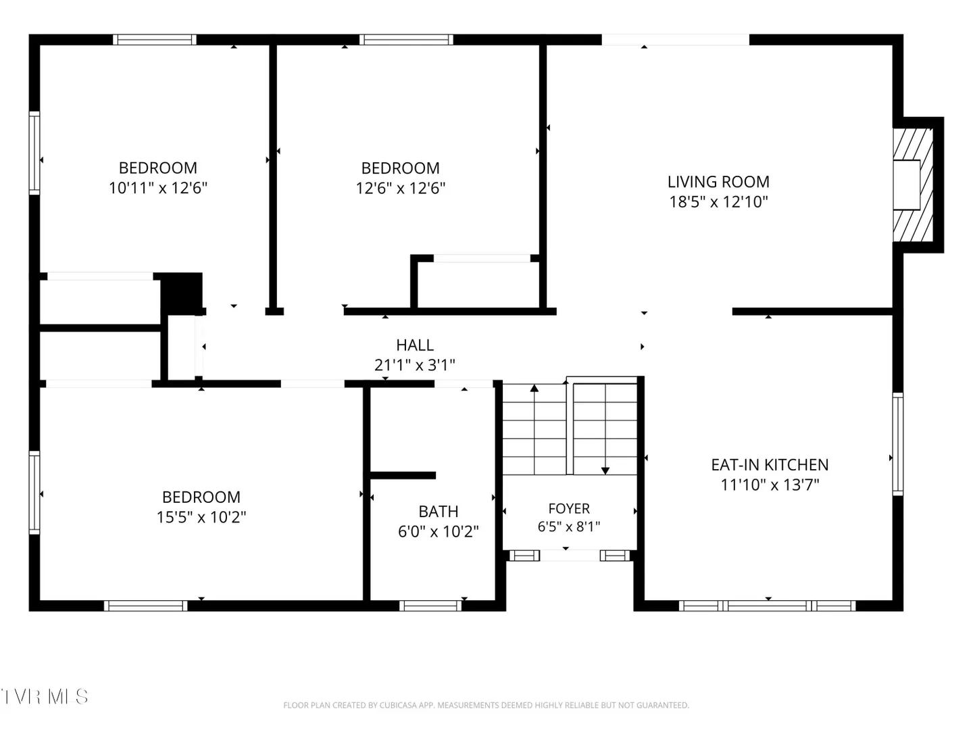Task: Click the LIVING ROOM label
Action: [718, 182]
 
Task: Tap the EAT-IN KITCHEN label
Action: [770, 464]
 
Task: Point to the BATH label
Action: [438, 511]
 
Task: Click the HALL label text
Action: [414, 345]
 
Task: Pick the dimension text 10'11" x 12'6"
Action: [158, 188]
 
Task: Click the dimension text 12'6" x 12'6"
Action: [400, 189]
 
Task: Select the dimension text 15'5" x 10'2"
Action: [201, 517]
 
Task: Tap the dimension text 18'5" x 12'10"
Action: [718, 201]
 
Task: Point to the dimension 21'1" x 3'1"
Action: [414, 365]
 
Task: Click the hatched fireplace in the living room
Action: [913, 185]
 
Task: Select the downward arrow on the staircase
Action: [605, 429]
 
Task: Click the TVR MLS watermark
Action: [44, 696]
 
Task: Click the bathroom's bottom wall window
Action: [430, 606]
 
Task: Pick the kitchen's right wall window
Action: [897, 443]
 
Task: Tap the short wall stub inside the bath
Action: [403, 475]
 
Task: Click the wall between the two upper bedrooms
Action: [273, 177]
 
